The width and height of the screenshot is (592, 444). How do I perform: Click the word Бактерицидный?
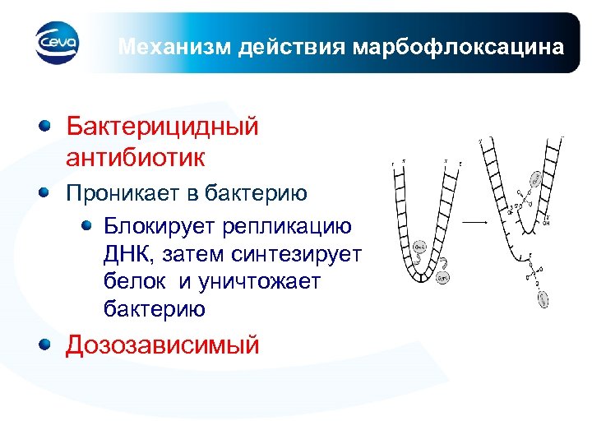(162, 127)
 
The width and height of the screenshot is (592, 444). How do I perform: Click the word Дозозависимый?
(162, 345)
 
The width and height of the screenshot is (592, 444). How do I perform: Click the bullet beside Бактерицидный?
(47, 126)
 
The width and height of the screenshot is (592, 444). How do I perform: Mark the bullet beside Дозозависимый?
(47, 345)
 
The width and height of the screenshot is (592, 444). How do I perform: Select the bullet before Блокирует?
(88, 226)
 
